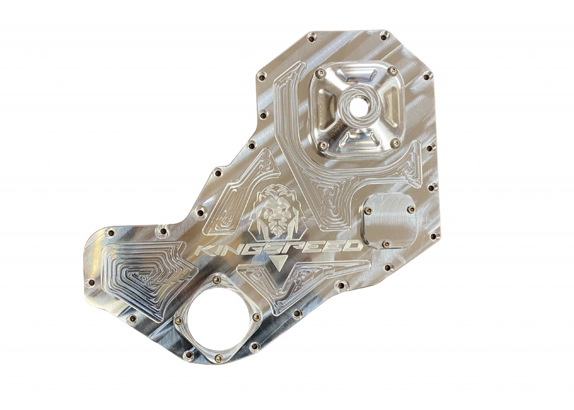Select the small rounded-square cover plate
coord(389,220)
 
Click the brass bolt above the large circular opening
coord(217,279)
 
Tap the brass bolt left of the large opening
coord(178,321)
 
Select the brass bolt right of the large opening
coord(256,316)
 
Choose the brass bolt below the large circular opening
coord(218,356)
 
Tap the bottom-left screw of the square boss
coord(323,144)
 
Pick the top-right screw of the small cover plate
coord(410,209)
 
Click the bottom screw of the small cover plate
coord(386,244)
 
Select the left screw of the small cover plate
coord(368,209)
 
